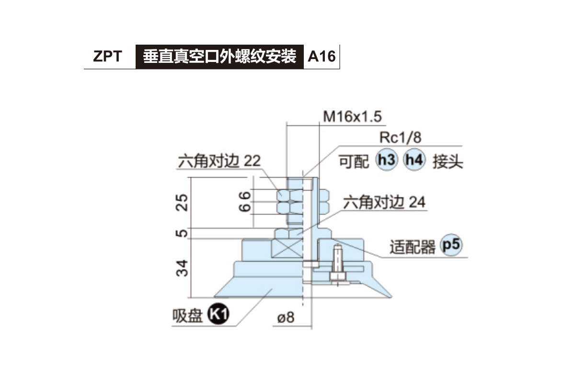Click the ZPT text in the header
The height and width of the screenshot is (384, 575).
click(x=107, y=57)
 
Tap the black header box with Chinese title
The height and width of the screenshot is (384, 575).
click(x=219, y=57)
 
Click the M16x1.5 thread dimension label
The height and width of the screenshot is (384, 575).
click(x=354, y=117)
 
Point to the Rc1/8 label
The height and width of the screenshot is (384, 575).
click(x=400, y=138)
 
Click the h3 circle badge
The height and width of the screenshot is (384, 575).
click(x=387, y=160)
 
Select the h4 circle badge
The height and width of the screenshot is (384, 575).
click(x=414, y=160)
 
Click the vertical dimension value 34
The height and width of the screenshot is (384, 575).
click(x=181, y=268)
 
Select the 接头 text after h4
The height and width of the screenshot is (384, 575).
click(x=448, y=161)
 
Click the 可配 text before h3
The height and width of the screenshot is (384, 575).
click(x=354, y=161)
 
